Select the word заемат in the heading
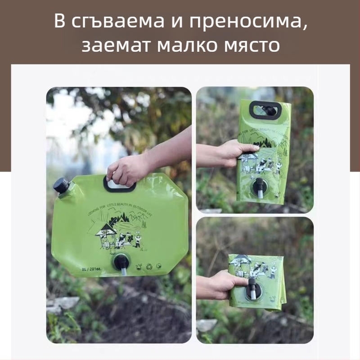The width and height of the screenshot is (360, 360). point(112,46)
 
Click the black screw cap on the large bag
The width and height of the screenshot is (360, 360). point(61,185)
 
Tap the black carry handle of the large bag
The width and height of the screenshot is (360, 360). point(120,183)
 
